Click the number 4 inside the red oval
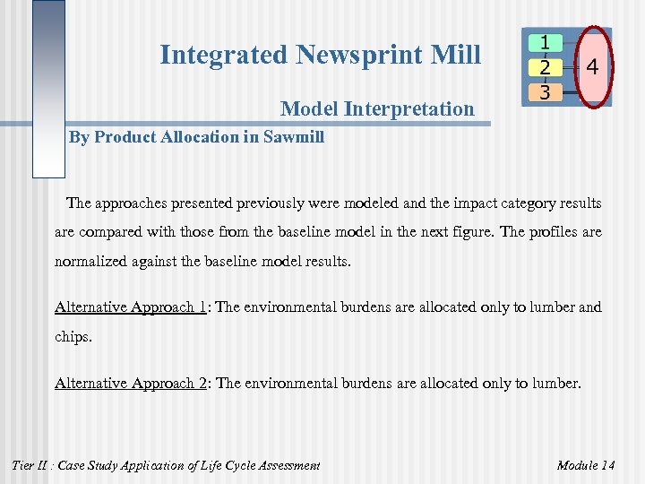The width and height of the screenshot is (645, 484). [x=593, y=66]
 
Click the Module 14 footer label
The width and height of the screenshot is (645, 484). [x=586, y=464]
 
